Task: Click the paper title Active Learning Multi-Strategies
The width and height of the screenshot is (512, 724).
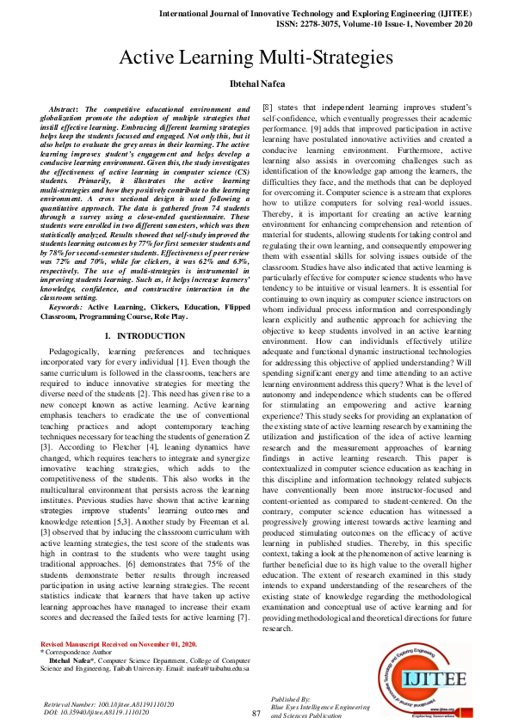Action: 256,58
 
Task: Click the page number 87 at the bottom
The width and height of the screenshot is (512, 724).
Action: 256,713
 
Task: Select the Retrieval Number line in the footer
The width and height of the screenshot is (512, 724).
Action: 108,704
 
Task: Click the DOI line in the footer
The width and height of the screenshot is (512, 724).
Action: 96,713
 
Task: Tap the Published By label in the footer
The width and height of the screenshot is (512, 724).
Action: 290,699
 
